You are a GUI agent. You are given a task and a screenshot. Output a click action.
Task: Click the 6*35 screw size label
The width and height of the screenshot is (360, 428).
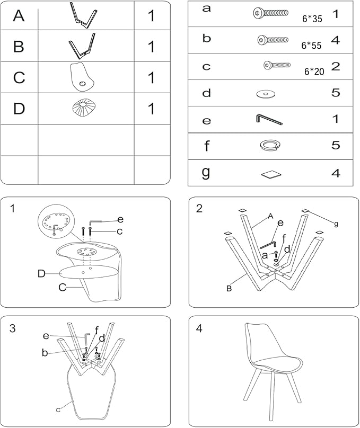[x=312, y=19]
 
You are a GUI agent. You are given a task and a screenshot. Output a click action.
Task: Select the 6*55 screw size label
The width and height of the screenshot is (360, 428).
[x=311, y=46]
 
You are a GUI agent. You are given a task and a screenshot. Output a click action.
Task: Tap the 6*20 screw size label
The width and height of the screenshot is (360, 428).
[x=314, y=72]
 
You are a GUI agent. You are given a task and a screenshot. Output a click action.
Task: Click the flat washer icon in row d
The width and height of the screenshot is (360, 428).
[x=266, y=94]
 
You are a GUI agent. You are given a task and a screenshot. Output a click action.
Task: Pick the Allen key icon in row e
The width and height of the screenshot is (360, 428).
[x=269, y=120]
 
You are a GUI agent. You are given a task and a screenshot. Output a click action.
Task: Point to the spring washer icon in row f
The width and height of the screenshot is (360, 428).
[x=270, y=145]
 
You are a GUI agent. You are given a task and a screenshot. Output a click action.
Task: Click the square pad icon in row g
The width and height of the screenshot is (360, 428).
[x=271, y=175]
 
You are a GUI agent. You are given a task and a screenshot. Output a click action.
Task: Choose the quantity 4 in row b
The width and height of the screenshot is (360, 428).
[x=335, y=40]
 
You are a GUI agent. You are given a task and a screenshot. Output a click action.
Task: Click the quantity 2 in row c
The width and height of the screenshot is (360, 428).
[x=336, y=67]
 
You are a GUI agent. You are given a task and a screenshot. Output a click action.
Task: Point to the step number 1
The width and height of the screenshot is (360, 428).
[x=13, y=209]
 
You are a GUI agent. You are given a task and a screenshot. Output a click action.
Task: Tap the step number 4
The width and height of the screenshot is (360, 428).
[x=199, y=328]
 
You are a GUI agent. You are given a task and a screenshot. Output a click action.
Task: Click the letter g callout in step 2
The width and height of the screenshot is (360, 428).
[x=336, y=224]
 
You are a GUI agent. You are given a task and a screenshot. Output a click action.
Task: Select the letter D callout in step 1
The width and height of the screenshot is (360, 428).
[x=41, y=273]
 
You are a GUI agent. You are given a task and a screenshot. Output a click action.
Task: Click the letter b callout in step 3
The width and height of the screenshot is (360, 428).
[x=45, y=353]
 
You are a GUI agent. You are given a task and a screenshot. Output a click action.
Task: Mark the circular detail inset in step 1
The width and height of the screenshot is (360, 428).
[x=57, y=221]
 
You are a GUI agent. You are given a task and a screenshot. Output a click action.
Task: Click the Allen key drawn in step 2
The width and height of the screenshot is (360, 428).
[x=268, y=245]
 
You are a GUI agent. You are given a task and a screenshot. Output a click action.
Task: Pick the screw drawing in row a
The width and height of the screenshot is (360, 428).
[x=270, y=13]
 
